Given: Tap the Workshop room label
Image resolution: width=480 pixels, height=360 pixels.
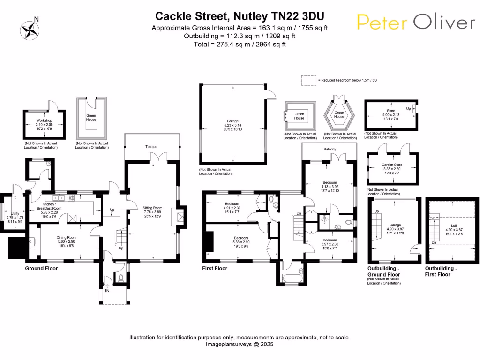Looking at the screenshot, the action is coord(44,124).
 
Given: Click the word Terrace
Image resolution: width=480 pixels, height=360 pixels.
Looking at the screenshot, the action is coord(151,147).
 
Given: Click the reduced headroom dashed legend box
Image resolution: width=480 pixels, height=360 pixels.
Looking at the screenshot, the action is coord(309,81).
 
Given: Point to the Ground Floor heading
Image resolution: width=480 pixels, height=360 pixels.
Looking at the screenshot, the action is coord(41,269).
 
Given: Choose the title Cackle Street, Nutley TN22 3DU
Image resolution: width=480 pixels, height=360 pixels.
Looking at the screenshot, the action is coord(240,16).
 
